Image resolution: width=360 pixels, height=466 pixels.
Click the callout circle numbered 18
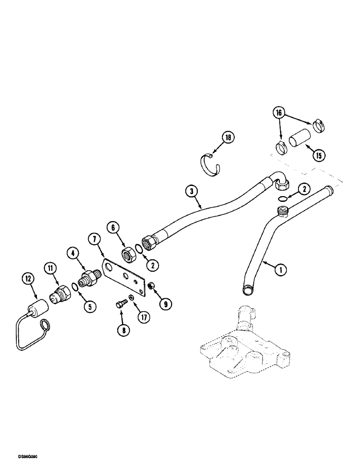228,137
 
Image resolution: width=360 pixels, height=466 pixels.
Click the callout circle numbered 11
51,268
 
